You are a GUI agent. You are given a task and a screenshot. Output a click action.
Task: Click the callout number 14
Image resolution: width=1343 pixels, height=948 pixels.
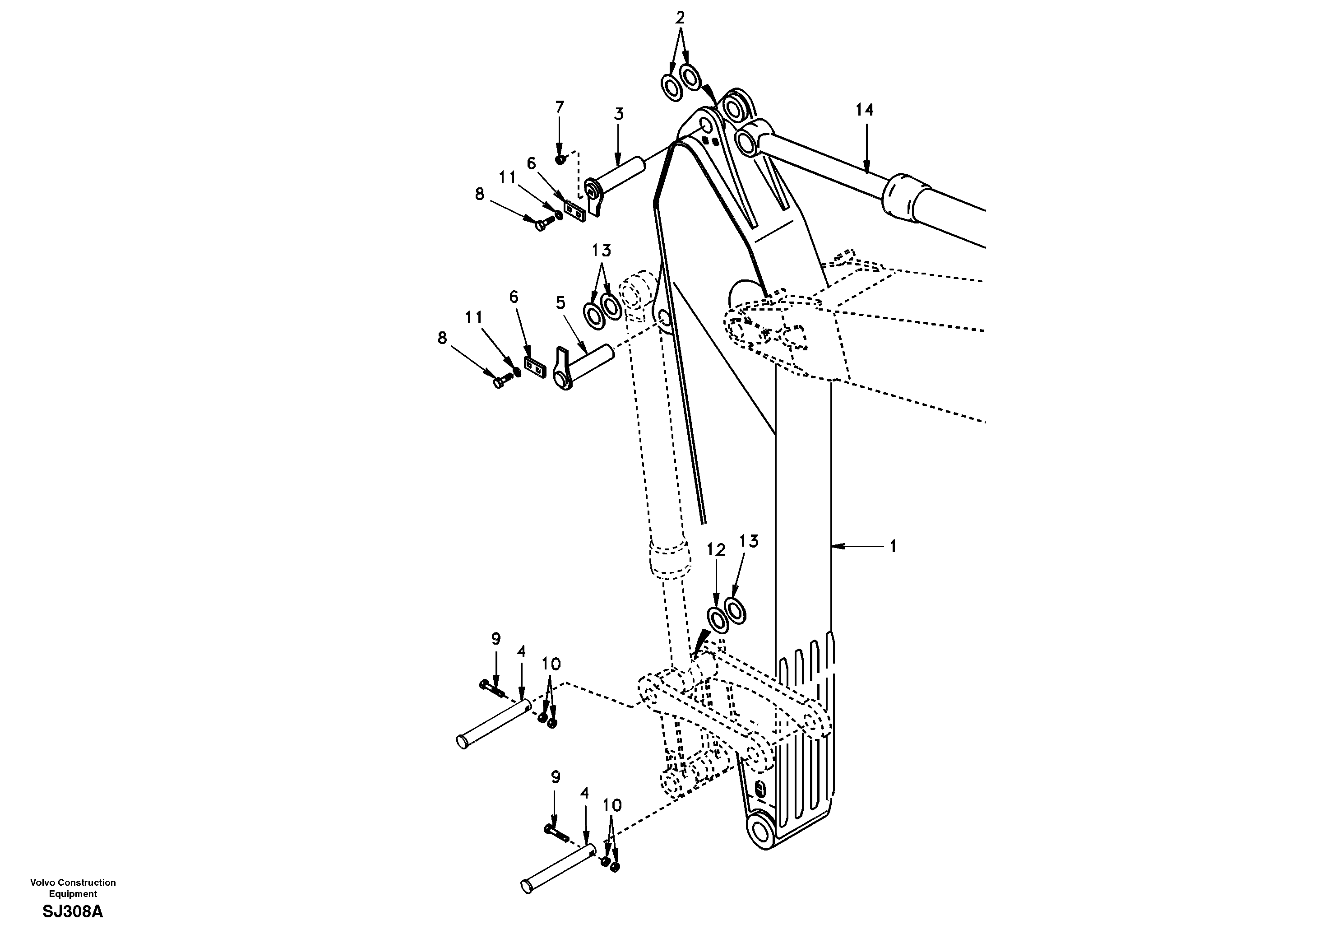pyautogui.click(x=865, y=110)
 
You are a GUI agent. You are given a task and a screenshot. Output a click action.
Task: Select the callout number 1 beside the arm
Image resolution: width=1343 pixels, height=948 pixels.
pyautogui.click(x=893, y=547)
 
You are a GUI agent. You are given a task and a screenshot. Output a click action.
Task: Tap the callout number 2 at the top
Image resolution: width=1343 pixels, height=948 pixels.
pyautogui.click(x=680, y=18)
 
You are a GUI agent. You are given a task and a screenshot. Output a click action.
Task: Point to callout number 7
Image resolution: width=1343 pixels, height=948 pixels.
pyautogui.click(x=559, y=108)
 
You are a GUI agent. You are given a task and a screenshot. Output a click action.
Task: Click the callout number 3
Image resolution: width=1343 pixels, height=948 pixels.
pyautogui.click(x=619, y=114)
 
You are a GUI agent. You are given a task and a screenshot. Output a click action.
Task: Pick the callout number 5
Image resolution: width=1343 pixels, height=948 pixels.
pyautogui.click(x=560, y=303)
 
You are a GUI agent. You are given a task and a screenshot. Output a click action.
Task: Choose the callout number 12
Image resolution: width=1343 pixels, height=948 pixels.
pyautogui.click(x=716, y=550)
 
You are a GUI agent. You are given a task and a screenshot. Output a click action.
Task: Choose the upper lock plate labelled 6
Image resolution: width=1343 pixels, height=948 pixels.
pyautogui.click(x=574, y=209)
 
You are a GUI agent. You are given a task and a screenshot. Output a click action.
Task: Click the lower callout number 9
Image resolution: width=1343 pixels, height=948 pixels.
pyautogui.click(x=556, y=777)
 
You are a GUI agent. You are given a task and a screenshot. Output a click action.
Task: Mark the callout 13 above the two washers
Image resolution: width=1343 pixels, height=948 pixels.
pyautogui.click(x=601, y=251)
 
